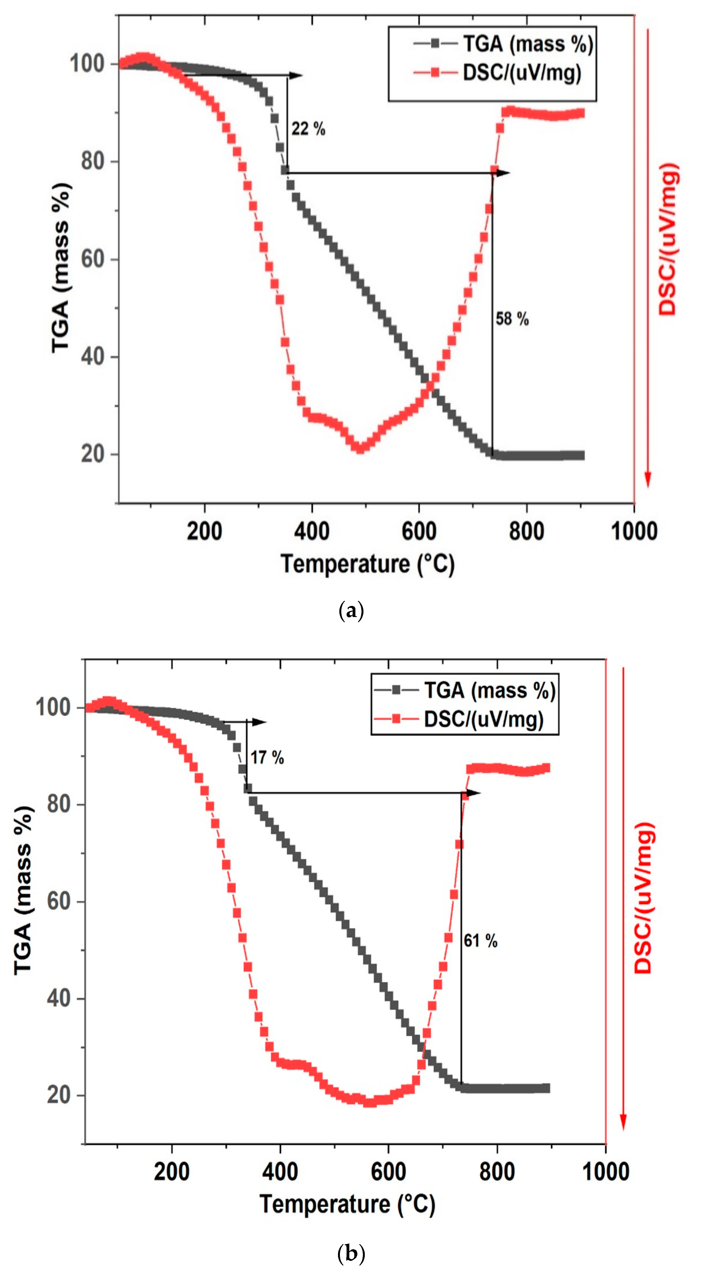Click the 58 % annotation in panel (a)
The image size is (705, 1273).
click(512, 319)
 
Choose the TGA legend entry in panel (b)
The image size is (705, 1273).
click(489, 690)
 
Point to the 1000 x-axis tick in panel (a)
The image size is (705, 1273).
click(634, 531)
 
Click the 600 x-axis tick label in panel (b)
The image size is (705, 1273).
click(388, 1172)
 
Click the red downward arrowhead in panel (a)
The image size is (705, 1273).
click(648, 479)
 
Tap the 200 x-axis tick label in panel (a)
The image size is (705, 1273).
click(204, 531)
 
